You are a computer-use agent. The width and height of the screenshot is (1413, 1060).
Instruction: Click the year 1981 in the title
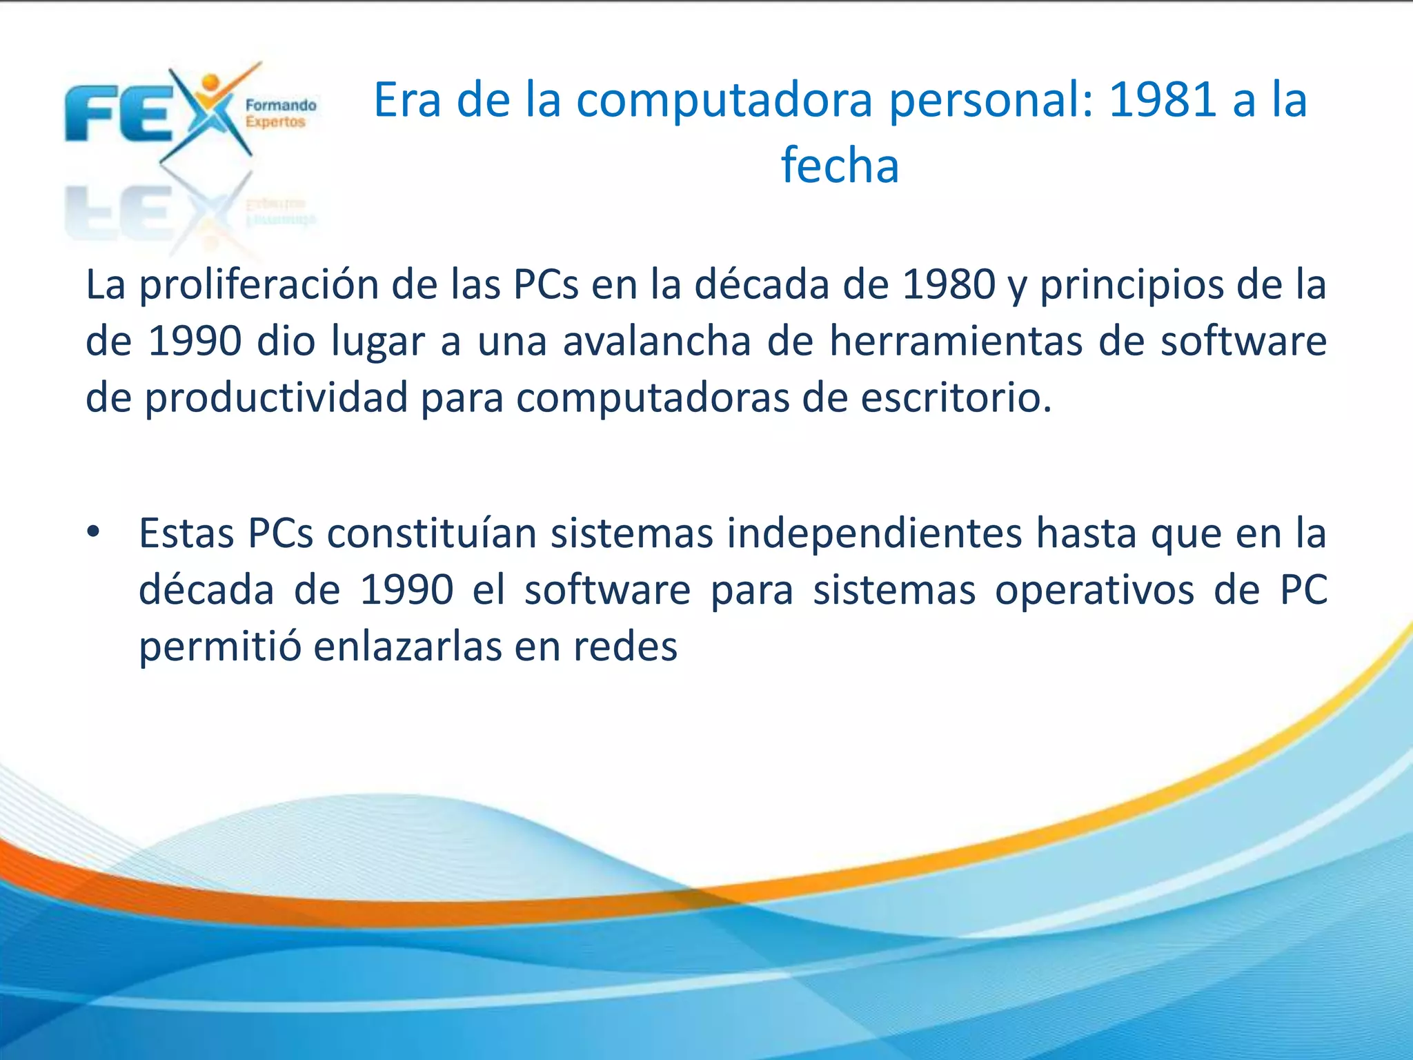point(1162,100)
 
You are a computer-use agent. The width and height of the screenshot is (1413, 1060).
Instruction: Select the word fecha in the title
point(840,166)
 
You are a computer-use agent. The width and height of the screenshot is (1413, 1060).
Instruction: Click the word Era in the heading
point(406,100)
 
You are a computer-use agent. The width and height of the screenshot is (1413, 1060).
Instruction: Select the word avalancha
point(657,341)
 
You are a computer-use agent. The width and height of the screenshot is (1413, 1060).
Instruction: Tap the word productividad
point(276,399)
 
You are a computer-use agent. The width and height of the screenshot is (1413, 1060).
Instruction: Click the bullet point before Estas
point(94,532)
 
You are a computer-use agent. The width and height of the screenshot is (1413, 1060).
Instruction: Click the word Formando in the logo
point(281,106)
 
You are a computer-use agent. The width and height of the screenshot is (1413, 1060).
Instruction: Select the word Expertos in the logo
point(275,122)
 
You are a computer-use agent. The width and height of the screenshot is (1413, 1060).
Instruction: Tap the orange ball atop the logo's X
point(212,83)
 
